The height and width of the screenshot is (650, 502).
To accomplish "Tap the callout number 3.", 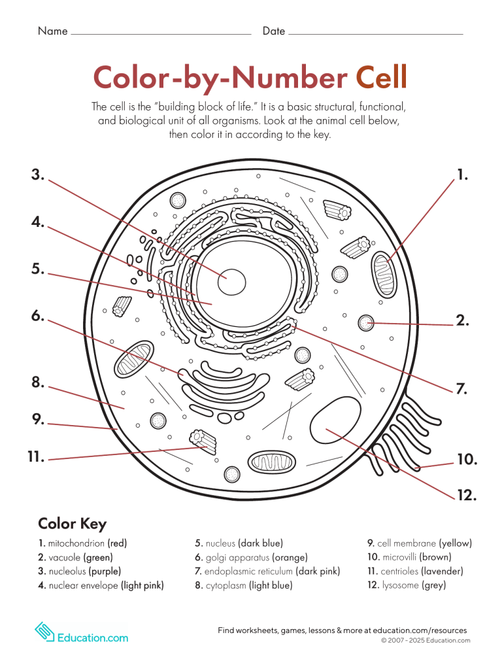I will point(37,175).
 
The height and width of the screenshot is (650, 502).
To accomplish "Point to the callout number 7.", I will point(461,389).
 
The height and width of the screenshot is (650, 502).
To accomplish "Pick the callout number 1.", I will point(463,175).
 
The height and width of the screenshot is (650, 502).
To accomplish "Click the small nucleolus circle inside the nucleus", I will point(232,282).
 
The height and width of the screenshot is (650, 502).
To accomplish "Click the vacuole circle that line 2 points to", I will point(367,322).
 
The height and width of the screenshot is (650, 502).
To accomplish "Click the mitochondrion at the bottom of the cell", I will point(271,463).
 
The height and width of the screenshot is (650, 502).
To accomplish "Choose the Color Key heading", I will point(72,524).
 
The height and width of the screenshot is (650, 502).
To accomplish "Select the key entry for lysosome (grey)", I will point(407,585).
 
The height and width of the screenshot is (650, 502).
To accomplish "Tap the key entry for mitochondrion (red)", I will point(82,543).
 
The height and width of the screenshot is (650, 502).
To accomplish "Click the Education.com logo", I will point(81,632).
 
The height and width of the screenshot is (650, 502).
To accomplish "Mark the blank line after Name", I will point(161,33).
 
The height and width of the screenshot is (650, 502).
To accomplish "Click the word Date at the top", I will point(274,31).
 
